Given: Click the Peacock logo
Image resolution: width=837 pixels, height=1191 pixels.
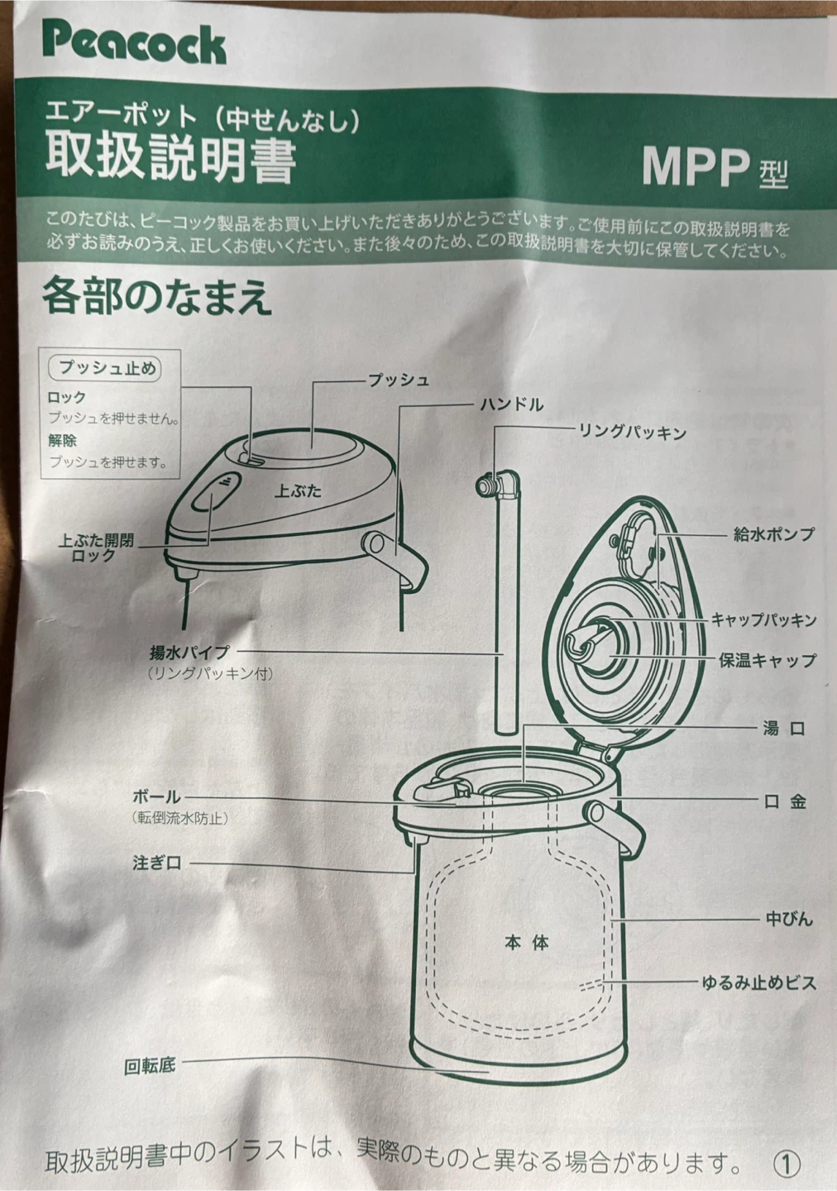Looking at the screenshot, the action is tap(135, 45).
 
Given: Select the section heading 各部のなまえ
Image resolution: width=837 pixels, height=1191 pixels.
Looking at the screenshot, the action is tap(157, 297).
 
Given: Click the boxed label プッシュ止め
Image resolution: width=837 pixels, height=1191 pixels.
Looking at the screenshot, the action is tap(104, 368).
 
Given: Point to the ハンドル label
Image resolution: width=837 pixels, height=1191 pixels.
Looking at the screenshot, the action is tap(512, 404).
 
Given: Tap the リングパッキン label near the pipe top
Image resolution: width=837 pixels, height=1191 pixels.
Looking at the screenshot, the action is tap(632, 433).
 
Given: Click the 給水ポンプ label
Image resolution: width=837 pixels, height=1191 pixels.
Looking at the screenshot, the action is tap(773, 533).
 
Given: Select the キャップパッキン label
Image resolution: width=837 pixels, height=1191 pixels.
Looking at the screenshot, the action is tap(763, 620).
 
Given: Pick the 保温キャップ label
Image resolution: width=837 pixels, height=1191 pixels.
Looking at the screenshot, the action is tap(768, 661).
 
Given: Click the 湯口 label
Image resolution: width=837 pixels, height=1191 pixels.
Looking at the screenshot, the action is tap(784, 728).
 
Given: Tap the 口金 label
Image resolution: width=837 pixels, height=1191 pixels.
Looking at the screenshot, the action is tap(786, 801).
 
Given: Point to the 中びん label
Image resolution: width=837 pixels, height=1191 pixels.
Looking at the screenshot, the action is tap(789, 919).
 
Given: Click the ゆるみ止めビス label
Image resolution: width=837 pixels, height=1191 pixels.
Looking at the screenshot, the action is tap(759, 983).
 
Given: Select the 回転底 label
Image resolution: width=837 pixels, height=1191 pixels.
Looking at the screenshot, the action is tap(150, 1066).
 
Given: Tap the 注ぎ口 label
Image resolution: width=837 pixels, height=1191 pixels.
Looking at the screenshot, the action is tap(157, 863).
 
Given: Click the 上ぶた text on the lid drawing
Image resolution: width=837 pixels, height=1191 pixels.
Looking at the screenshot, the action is tap(298, 490).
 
